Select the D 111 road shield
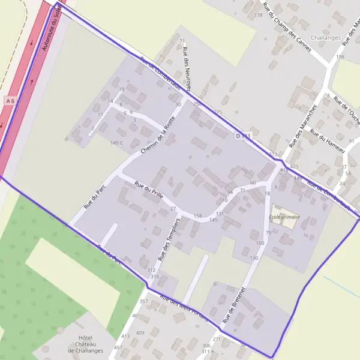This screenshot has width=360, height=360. click(x=243, y=137)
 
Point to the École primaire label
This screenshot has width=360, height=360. click(x=284, y=217)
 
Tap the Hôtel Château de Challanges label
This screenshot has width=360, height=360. click(x=85, y=344)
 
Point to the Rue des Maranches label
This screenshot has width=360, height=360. click(x=302, y=127)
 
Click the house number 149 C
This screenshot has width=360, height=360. click(x=116, y=143)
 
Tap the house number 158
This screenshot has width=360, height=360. click(x=198, y=215)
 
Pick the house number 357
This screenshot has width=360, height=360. click(x=143, y=301)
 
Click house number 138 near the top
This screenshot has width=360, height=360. click(x=259, y=15)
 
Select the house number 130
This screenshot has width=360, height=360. click(x=254, y=257)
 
